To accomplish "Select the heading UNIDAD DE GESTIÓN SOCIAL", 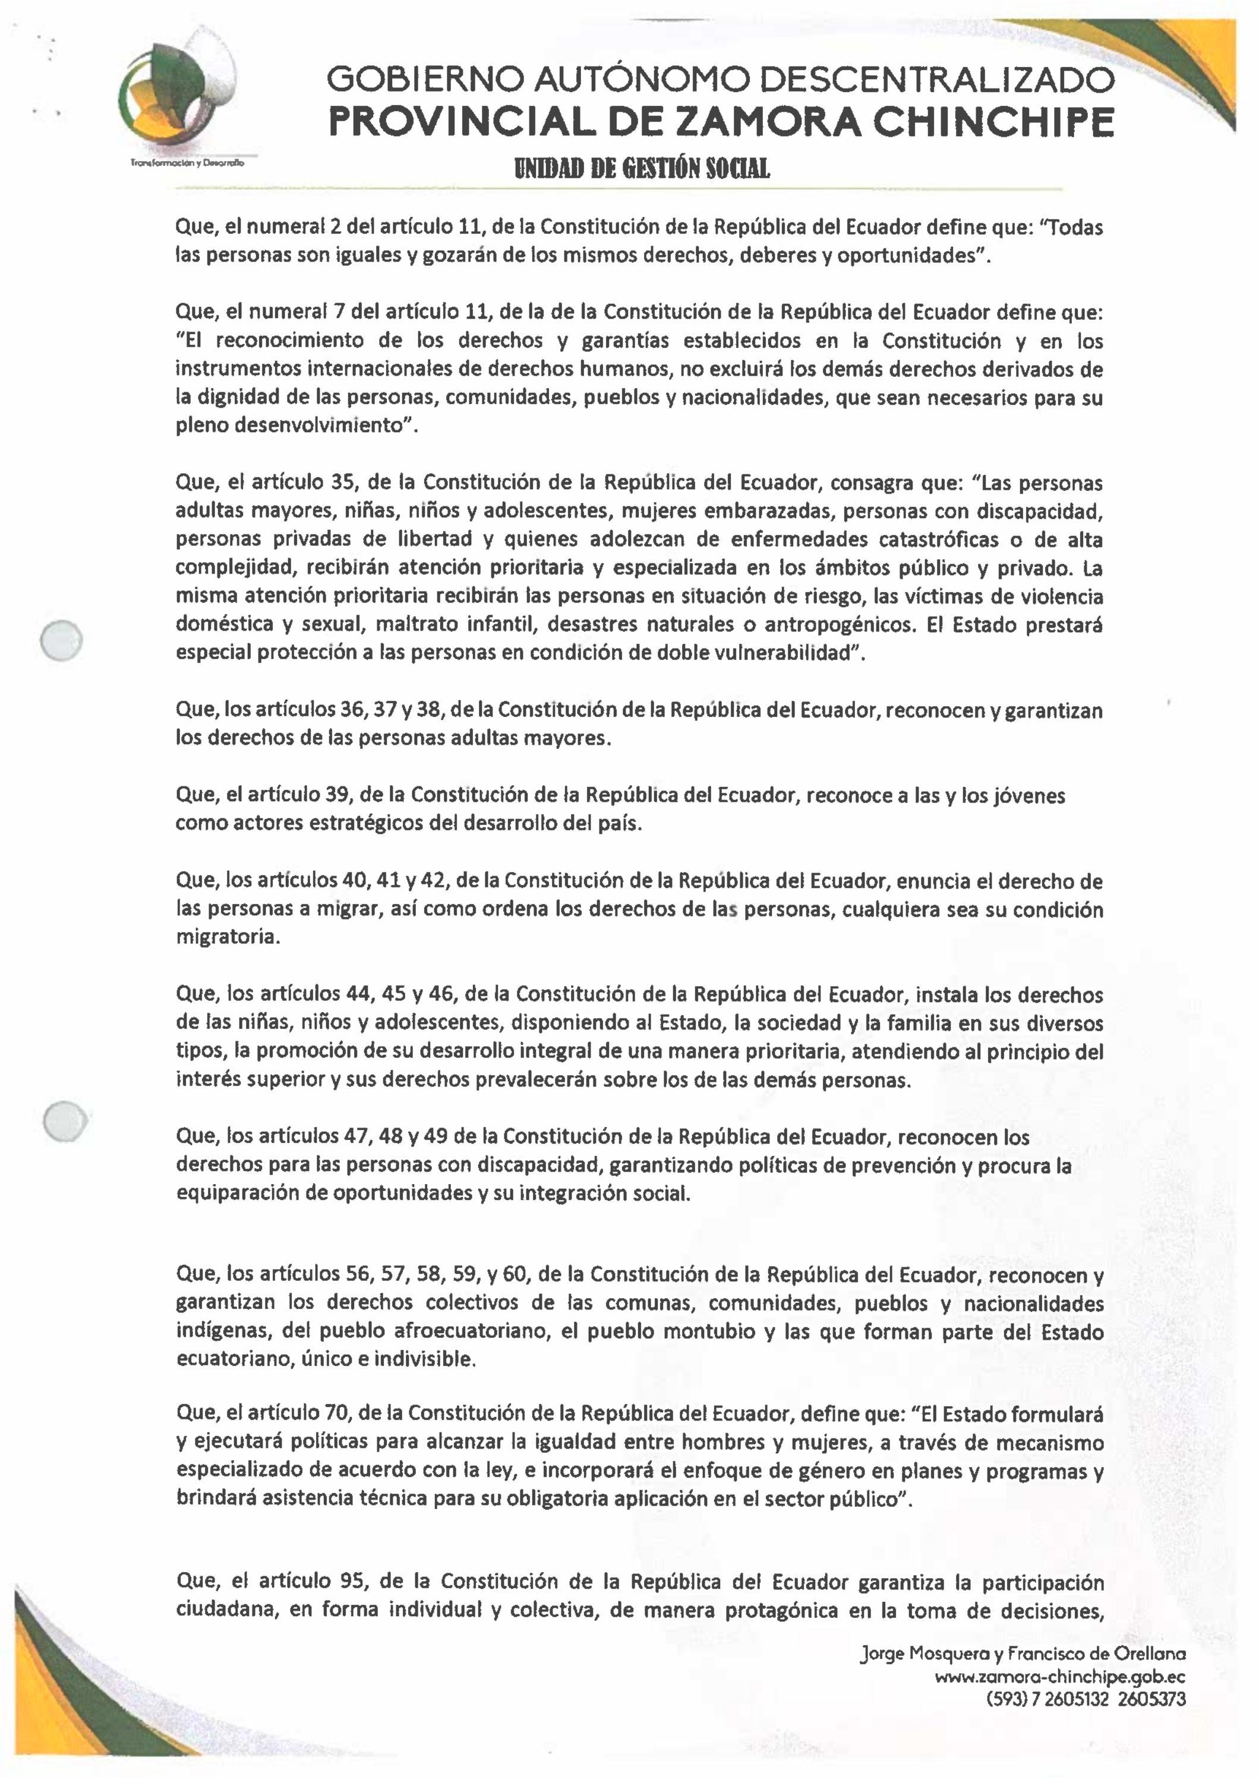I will click(638, 168).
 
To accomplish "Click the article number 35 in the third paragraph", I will click(341, 483).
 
